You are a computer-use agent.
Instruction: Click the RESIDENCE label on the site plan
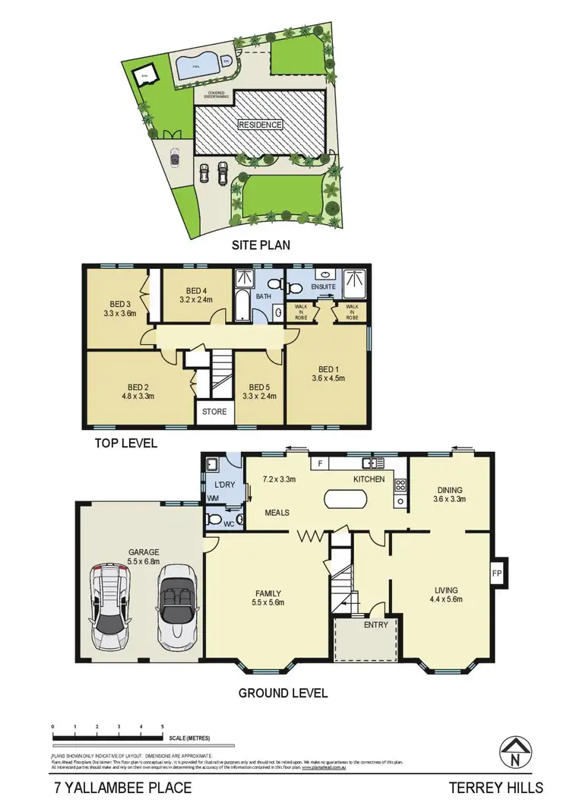point(260,125)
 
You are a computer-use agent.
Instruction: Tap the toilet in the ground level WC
point(217,520)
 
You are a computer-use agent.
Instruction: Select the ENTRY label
point(375,625)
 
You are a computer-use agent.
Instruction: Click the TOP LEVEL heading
point(125,442)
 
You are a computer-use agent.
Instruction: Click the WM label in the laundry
point(213,498)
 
